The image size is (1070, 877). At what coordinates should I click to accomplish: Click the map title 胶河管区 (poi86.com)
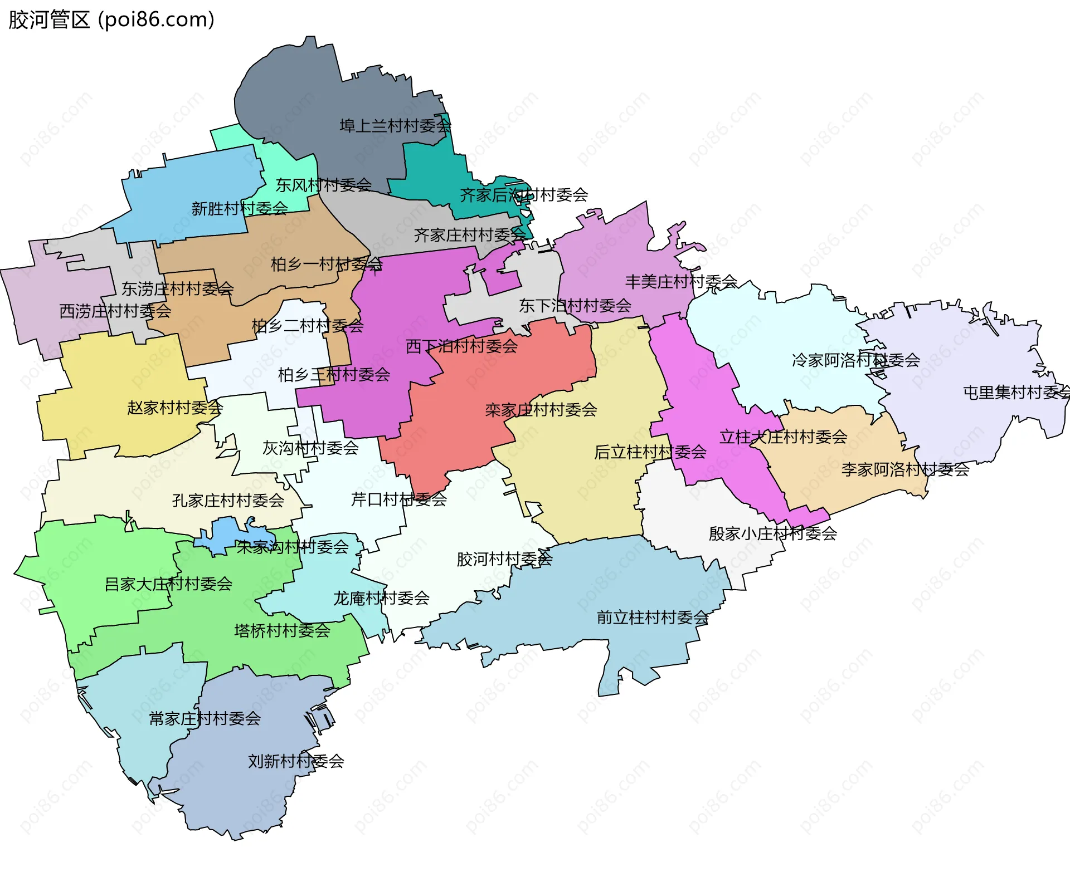click(111, 19)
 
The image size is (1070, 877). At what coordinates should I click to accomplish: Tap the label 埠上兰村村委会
click(395, 126)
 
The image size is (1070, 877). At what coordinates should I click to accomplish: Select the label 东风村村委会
click(324, 185)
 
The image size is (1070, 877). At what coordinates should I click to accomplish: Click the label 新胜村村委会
click(240, 209)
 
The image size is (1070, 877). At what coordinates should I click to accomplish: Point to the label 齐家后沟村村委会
click(524, 195)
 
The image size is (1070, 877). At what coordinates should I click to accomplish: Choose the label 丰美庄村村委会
click(681, 282)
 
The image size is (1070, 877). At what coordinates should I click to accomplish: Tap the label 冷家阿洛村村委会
click(855, 360)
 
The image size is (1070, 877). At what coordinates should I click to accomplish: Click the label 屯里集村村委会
click(1015, 393)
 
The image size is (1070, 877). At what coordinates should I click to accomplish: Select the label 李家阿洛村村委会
click(905, 469)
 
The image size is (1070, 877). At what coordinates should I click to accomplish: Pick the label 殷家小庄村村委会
click(772, 533)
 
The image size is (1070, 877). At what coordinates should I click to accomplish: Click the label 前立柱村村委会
click(653, 617)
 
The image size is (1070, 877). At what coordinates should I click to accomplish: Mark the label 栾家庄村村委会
click(541, 410)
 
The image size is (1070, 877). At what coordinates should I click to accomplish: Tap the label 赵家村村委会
click(175, 408)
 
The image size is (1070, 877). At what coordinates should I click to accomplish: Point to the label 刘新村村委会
click(296, 761)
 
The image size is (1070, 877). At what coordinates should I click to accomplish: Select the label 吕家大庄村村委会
click(168, 584)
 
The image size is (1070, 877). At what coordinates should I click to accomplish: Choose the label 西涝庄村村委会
click(115, 311)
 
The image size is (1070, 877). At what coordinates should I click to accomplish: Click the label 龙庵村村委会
click(381, 598)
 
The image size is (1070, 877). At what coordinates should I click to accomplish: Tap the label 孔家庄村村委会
click(228, 501)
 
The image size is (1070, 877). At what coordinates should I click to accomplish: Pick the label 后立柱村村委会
click(650, 452)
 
